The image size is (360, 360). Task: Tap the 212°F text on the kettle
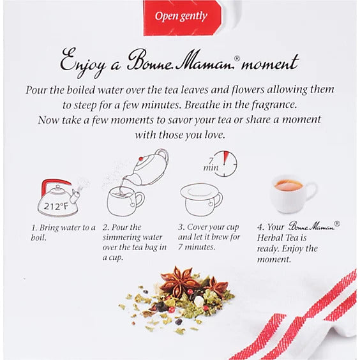(x=56, y=206)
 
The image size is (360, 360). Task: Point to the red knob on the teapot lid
(x=140, y=159)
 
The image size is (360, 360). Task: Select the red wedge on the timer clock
(x=226, y=157)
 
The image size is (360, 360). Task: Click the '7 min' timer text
(x=211, y=165)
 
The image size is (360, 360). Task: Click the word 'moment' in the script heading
(x=270, y=63)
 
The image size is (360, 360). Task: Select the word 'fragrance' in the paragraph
(x=274, y=105)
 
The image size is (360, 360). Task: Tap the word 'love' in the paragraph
(x=214, y=135)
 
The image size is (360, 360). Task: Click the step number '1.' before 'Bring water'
(x=34, y=228)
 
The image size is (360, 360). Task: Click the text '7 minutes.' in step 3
(x=197, y=247)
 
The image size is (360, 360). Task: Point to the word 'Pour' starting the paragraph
(x=36, y=90)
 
